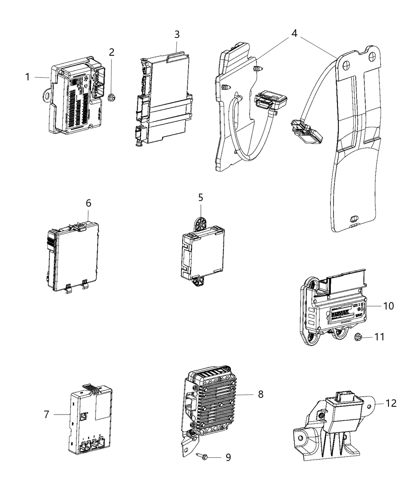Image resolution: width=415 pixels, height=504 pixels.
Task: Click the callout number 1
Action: (x=28, y=77)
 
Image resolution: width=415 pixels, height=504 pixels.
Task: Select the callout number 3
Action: (x=177, y=34)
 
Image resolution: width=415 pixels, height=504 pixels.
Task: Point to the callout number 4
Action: (x=294, y=34)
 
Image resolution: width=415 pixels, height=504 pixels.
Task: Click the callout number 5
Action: (x=200, y=197)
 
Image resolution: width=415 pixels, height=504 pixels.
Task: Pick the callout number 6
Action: (x=88, y=203)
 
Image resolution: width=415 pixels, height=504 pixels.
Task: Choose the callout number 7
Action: (x=47, y=414)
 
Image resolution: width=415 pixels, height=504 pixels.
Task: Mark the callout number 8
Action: (x=260, y=394)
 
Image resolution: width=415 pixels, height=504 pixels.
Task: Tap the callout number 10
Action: (x=389, y=306)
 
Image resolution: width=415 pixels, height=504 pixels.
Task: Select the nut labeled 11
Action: (x=357, y=337)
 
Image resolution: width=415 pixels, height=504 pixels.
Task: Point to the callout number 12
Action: (x=391, y=403)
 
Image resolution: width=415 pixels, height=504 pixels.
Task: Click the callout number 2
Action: (x=112, y=52)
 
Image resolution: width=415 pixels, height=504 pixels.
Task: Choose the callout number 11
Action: (x=379, y=337)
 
